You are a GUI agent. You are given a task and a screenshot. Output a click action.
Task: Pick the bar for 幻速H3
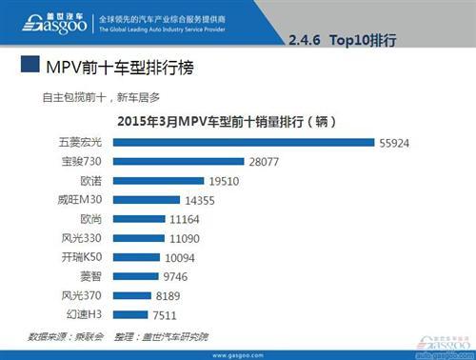click(126, 315)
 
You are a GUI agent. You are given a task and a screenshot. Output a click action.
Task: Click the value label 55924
click(396, 142)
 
